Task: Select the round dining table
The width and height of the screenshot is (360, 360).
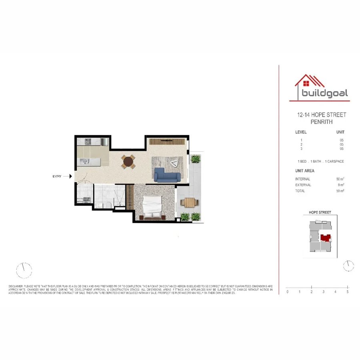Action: [x=128, y=162]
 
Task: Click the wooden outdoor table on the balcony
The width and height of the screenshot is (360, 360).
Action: [x=190, y=202]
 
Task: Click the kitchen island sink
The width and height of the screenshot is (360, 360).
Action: [x=85, y=161]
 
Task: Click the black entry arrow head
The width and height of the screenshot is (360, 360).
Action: [x=70, y=176]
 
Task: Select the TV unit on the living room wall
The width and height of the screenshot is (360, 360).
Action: [x=167, y=141]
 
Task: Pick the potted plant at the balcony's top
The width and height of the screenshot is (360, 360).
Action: [x=195, y=159]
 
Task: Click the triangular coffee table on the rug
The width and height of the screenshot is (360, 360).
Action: [x=174, y=163]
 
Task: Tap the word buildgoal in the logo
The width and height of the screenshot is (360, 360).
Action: [x=325, y=94]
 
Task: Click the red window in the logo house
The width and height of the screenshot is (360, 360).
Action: [x=306, y=84]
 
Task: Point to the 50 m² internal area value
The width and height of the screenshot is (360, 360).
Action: [x=340, y=179]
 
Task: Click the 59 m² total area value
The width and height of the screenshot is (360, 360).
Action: [x=340, y=191]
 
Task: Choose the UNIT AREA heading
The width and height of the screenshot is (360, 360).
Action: [x=305, y=171]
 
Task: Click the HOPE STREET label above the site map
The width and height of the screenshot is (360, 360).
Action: [x=320, y=212]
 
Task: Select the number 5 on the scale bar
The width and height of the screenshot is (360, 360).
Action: [x=348, y=292]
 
